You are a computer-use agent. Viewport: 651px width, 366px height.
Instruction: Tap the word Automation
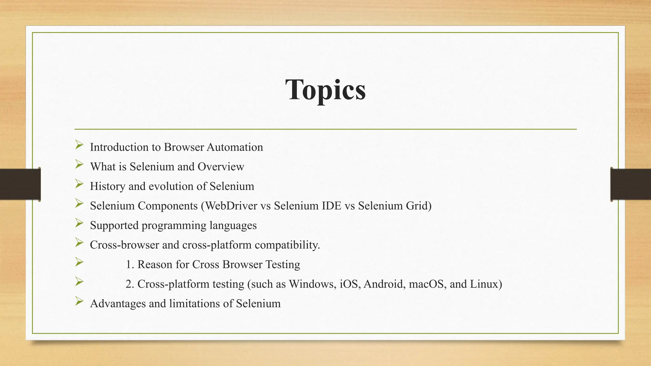click(x=235, y=147)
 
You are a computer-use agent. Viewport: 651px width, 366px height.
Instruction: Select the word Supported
click(x=114, y=226)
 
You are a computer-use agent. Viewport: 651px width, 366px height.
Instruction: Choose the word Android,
click(x=384, y=284)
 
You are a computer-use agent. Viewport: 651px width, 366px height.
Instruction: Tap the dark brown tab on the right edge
click(x=630, y=184)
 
